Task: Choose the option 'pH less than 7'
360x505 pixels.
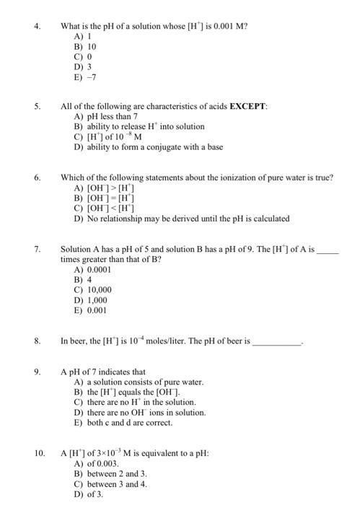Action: coord(108,117)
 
